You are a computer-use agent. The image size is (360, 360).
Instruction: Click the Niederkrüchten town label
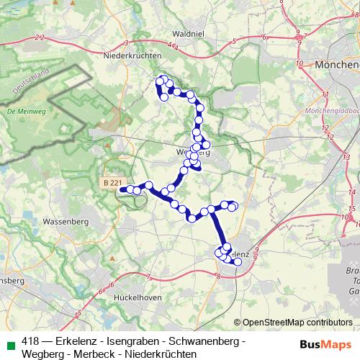134,55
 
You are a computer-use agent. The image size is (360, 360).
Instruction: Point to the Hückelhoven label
140,296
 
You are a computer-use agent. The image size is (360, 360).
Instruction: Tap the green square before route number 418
9,341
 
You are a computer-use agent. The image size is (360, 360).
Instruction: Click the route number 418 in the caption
30,341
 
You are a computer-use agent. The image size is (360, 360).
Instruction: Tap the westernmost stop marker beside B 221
124,190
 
